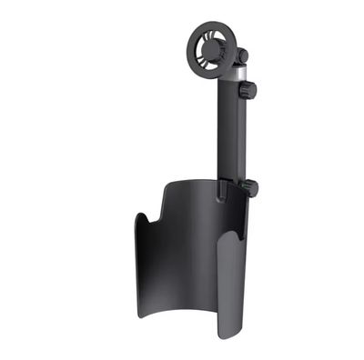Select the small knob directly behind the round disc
(x=240, y=56)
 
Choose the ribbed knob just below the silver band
(x=248, y=90)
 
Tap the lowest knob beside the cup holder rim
(x=248, y=188)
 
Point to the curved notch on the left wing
(x=147, y=222)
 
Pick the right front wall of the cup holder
(x=230, y=291)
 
